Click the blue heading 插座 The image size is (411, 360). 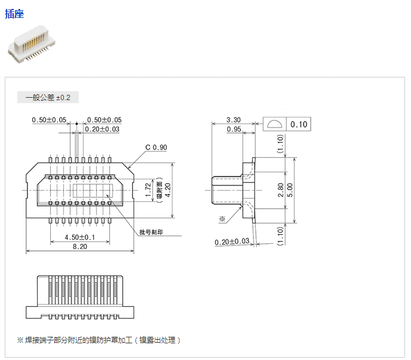point(15,14)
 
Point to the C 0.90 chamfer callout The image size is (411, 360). point(156,147)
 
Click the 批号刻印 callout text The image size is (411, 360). point(151,232)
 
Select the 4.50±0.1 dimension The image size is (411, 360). point(79,237)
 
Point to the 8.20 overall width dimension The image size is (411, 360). point(79,247)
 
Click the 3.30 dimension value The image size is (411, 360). point(233,120)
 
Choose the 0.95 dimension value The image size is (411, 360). point(233,129)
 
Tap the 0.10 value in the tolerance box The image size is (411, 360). point(299,125)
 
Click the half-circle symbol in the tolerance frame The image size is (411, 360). point(276,125)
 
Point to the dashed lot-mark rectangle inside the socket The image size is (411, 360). point(92,190)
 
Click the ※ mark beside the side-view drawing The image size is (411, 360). point(222,219)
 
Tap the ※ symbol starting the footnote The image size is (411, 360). point(20,340)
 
